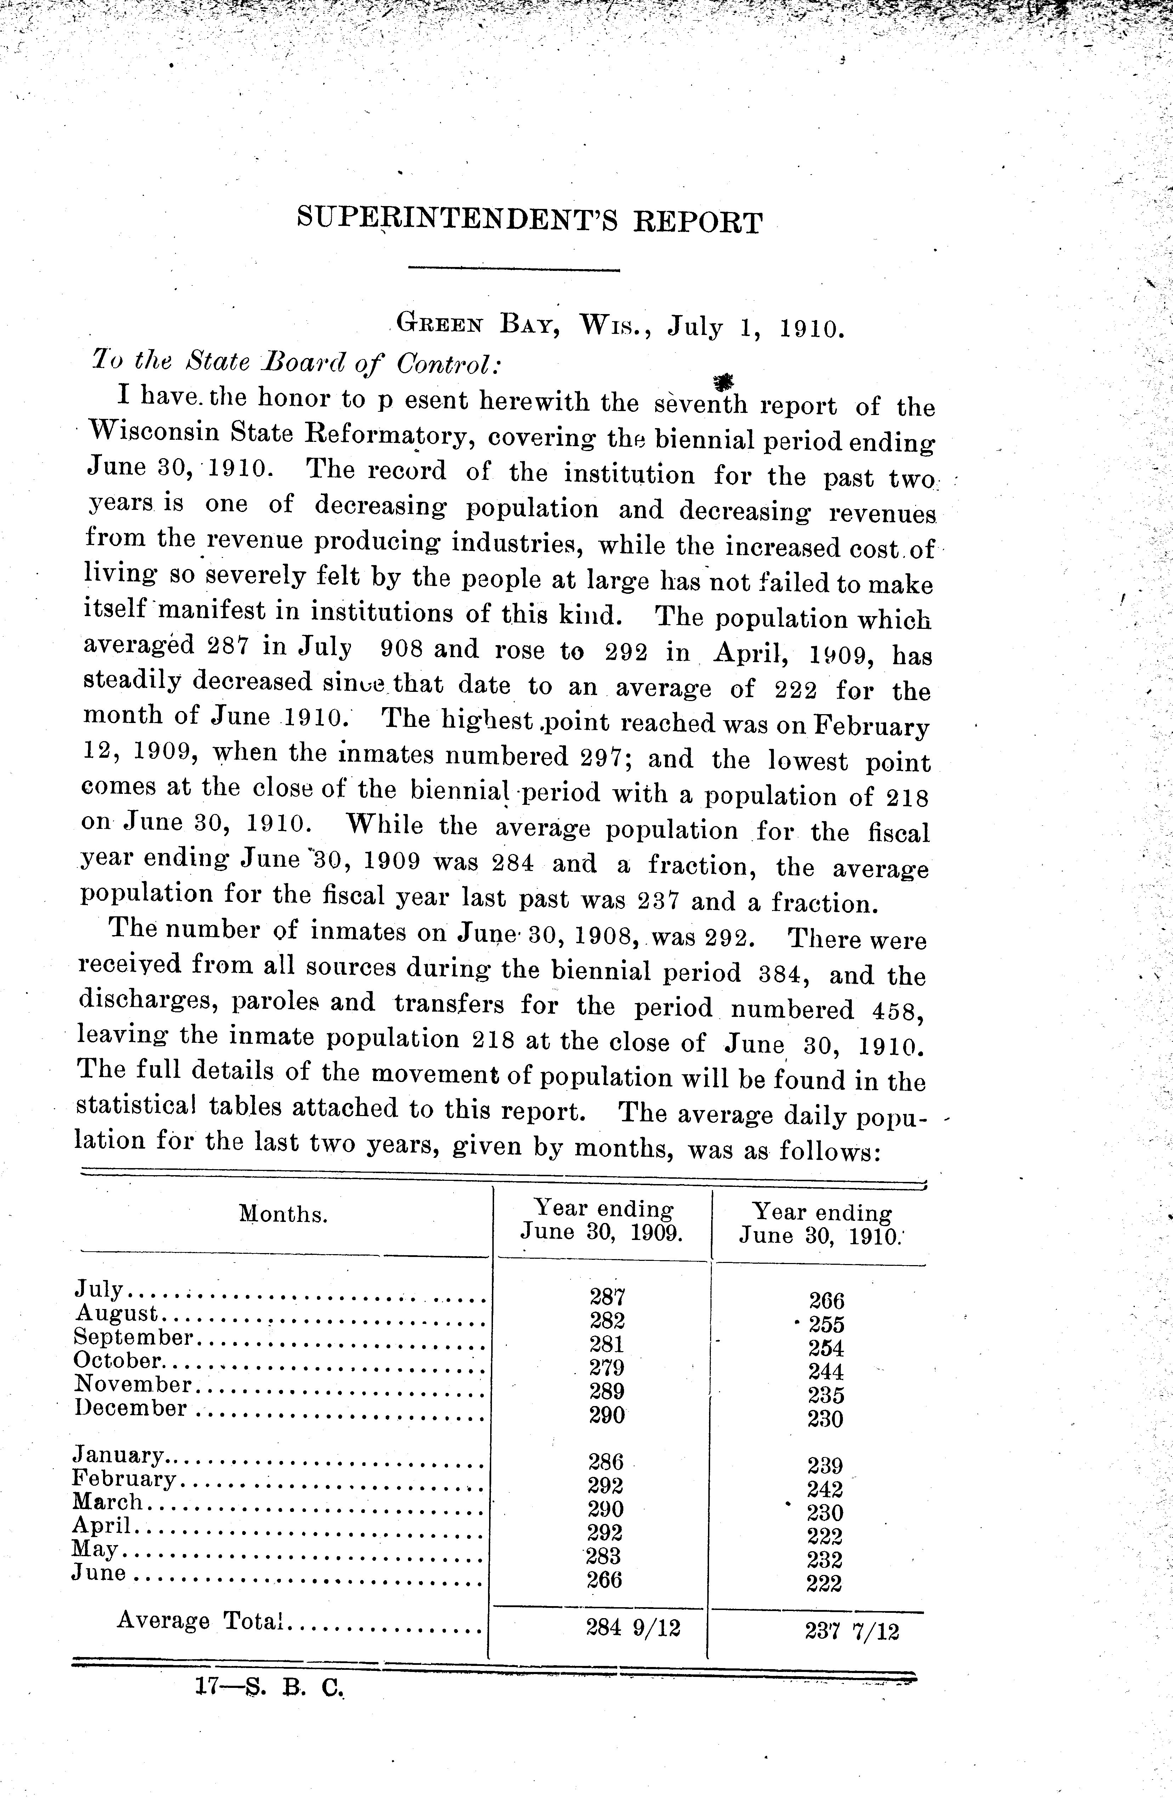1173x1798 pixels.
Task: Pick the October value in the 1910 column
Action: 825,1371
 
